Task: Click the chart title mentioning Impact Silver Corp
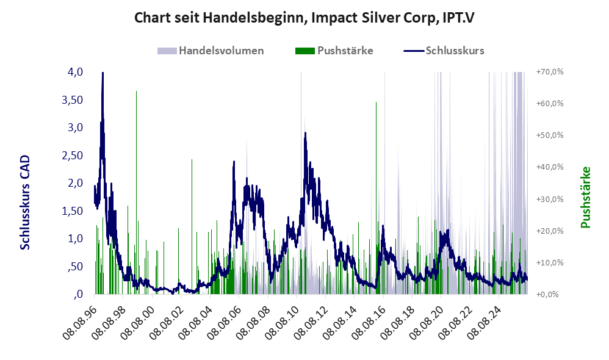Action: coord(304,18)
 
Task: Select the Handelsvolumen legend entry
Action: coord(211,51)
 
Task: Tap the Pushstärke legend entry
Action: coord(334,51)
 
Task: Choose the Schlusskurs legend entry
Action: coord(444,51)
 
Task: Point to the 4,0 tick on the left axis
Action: coord(75,72)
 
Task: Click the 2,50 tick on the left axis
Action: coord(72,156)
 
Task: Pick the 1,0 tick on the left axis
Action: coord(75,239)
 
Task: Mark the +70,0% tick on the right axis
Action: coord(550,72)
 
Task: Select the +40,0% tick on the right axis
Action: coord(550,167)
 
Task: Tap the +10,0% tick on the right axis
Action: coord(550,262)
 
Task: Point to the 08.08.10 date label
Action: coord(283,322)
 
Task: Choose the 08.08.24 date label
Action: coord(485,322)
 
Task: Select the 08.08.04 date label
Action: coord(196,322)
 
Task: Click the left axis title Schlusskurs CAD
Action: coord(25,203)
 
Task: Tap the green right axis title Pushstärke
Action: coord(585,197)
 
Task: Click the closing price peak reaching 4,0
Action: coord(103,73)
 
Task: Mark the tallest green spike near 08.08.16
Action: coord(376,102)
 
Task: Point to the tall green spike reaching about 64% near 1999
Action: coord(136,92)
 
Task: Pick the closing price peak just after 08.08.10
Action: coord(305,133)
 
